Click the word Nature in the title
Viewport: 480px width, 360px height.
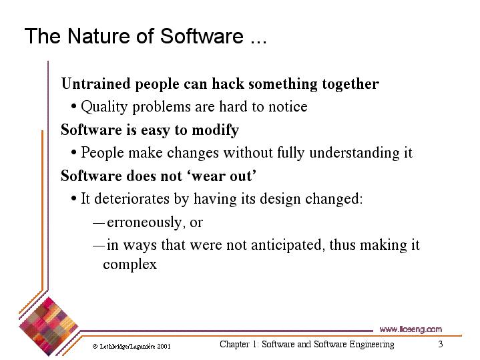[99, 36]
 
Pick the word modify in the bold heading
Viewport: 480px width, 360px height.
[215, 130]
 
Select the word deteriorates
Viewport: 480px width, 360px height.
[132, 199]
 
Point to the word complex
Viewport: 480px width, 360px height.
[130, 264]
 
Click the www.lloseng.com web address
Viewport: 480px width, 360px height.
[411, 329]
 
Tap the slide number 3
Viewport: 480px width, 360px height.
[440, 344]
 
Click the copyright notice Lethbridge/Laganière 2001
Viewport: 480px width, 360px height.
[132, 347]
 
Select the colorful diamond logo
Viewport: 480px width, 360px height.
[48, 327]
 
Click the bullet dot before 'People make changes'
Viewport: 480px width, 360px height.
[73, 152]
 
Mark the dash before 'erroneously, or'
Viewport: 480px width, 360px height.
[99, 223]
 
